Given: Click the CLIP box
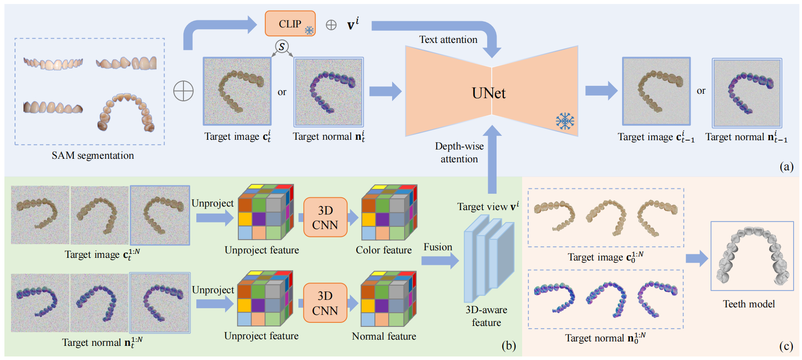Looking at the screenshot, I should (290, 24).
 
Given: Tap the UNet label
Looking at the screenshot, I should (489, 93).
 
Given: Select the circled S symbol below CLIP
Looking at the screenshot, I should (282, 46).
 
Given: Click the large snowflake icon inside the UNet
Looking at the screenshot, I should (565, 121).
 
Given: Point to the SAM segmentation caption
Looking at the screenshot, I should (92, 156).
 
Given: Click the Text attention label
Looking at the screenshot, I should (448, 40).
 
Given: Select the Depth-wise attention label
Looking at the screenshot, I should (459, 153).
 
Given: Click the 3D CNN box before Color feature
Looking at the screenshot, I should (325, 218).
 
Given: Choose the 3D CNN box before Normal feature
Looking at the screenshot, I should (325, 303).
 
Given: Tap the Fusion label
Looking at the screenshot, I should (438, 247).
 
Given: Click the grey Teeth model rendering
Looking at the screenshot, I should (752, 256).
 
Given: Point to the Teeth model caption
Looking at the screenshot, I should (749, 304).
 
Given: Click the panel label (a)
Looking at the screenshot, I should (787, 166).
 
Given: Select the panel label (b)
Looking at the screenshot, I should (508, 346).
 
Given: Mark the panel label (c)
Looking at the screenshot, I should (786, 346).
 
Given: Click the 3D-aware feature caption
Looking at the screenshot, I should (486, 316).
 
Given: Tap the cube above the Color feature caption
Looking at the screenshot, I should (389, 213).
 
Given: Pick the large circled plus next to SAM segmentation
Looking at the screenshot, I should (183, 92).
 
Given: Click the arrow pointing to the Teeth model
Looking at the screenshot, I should (697, 258).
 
